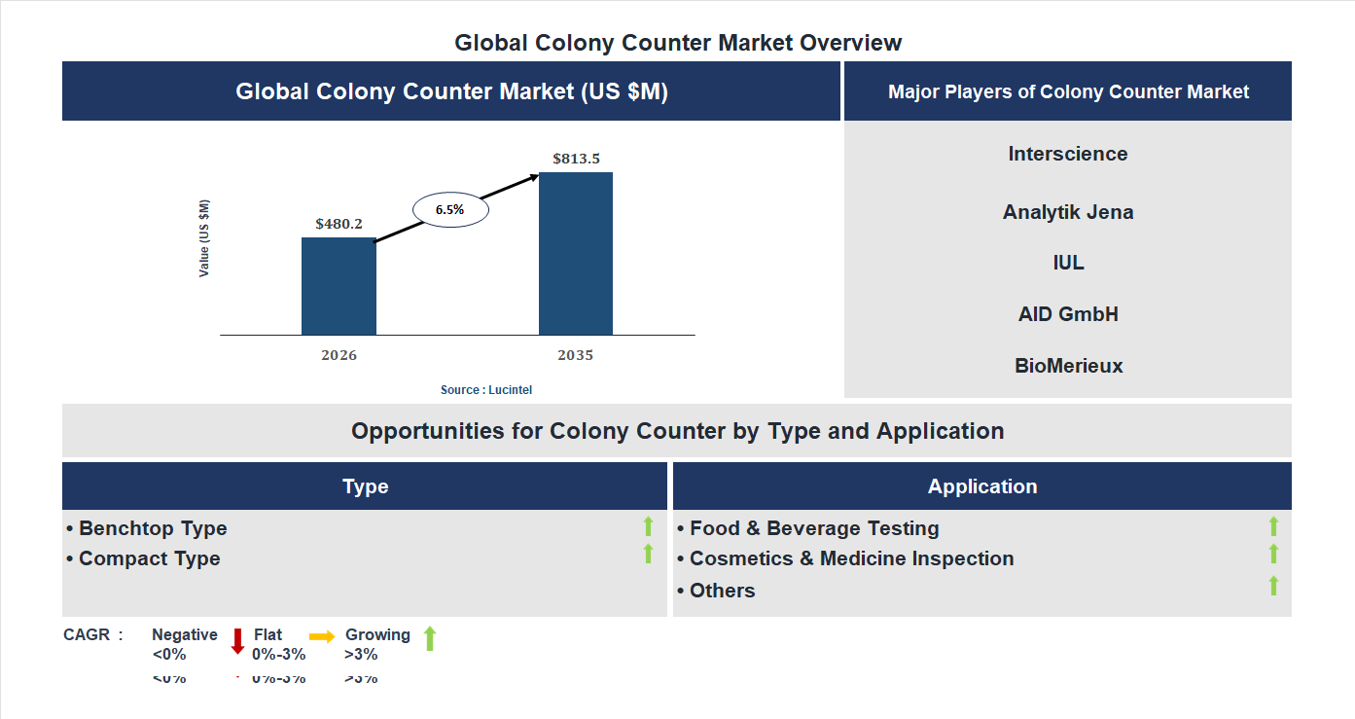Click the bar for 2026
click(339, 286)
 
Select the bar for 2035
click(576, 254)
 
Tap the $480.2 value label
click(339, 224)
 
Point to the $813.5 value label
click(576, 159)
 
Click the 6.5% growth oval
click(450, 209)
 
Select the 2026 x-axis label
click(339, 355)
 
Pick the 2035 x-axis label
click(575, 355)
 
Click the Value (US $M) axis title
click(204, 238)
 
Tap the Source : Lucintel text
click(486, 390)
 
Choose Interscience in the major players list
click(1068, 154)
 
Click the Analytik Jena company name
click(1068, 212)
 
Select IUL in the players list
click(1068, 263)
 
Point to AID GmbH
click(1068, 314)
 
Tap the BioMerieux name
click(1068, 366)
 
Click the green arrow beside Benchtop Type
click(648, 527)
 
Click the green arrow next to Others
click(1273, 586)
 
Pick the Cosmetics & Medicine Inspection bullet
click(851, 558)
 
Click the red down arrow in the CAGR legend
click(237, 641)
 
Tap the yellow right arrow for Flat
click(322, 635)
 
